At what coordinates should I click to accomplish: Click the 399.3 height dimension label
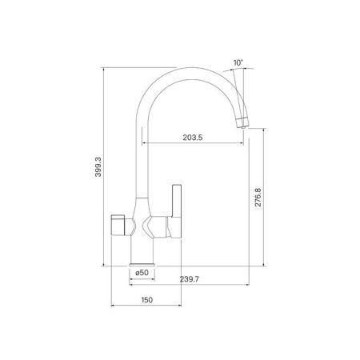[x=98, y=167]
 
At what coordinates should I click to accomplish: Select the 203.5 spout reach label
[x=193, y=138]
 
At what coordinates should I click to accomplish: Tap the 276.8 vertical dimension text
[x=258, y=198]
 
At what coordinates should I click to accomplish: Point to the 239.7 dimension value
[x=189, y=279]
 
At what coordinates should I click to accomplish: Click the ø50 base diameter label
[x=142, y=273]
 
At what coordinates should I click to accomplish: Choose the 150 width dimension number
[x=147, y=300]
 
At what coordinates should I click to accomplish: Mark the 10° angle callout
[x=238, y=63]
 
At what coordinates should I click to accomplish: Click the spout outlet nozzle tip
[x=243, y=127]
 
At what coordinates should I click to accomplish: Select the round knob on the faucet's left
[x=118, y=225]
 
